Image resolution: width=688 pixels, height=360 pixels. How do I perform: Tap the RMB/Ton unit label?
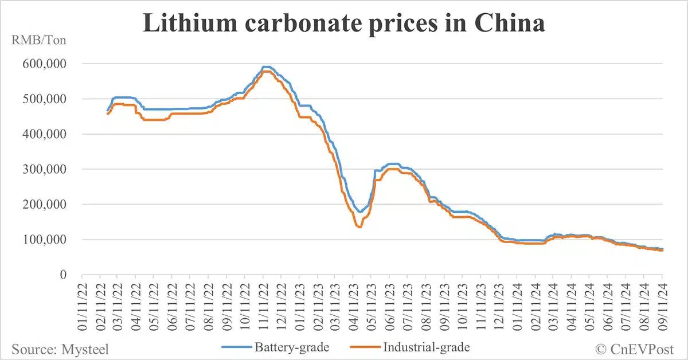pos(35,41)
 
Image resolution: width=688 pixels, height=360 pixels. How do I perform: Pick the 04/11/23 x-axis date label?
pos(354,307)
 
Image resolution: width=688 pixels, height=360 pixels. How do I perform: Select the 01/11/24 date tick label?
pos(518,307)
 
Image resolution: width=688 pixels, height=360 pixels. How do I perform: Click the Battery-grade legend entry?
pos(282,347)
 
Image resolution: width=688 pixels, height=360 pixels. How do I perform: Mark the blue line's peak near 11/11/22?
pos(266,66)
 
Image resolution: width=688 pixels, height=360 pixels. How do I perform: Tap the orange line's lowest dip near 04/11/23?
pos(359,227)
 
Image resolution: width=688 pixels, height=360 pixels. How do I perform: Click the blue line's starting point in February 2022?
pos(107,111)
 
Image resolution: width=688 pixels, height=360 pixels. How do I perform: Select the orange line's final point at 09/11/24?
pos(663,251)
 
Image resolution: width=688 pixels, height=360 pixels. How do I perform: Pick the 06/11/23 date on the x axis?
pos(390,307)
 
